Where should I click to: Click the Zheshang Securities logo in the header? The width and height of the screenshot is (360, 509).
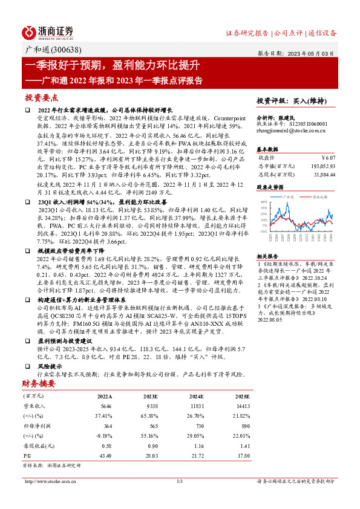pos(48,32)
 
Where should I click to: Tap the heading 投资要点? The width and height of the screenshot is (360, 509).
pos(41,97)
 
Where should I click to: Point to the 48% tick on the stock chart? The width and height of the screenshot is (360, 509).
pos(264,201)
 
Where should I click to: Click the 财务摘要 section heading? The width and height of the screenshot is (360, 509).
pos(40,383)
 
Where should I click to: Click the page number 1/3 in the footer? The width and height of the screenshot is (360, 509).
pos(180,481)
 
